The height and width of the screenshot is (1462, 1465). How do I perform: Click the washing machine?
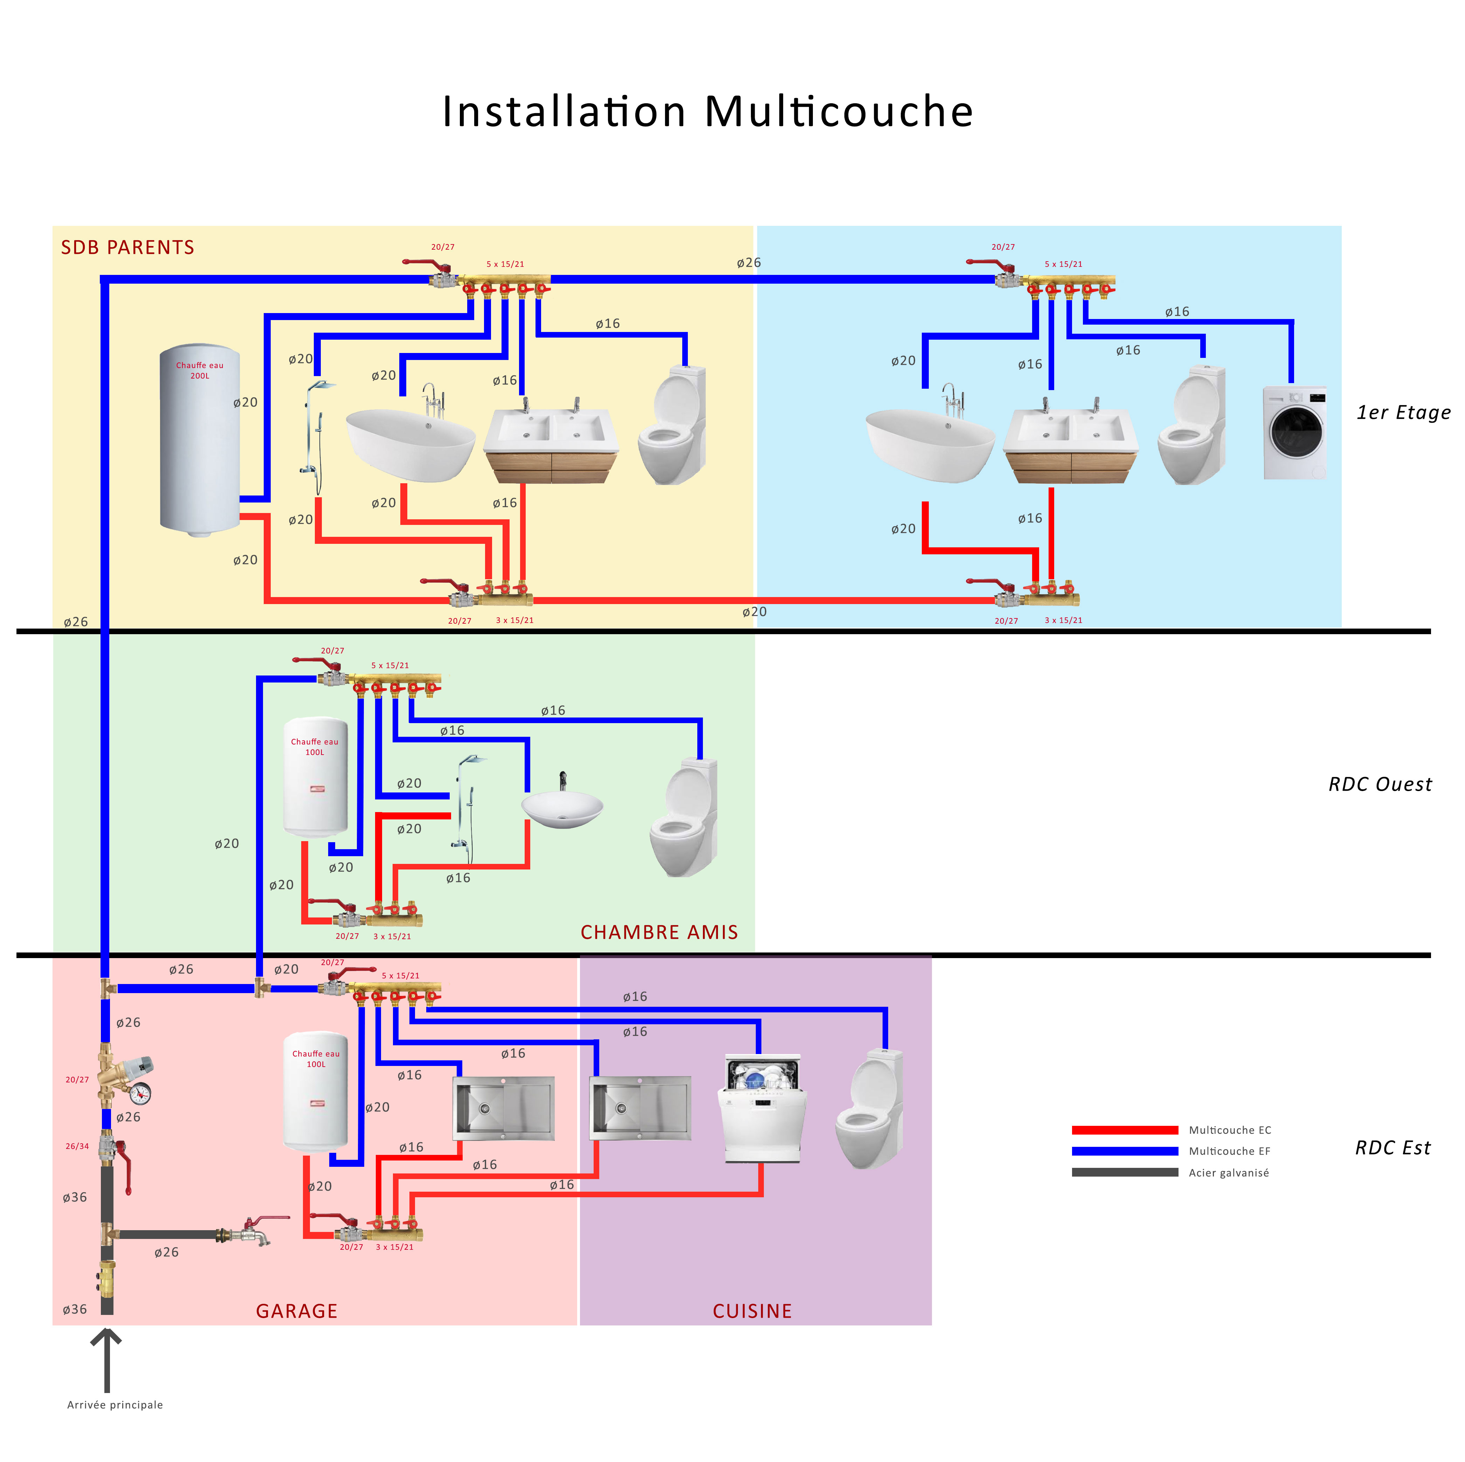pyautogui.click(x=1295, y=432)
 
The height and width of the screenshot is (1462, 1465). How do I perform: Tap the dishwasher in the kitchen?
pyautogui.click(x=761, y=1109)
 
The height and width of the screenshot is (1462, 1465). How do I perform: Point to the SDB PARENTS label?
pyautogui.click(x=127, y=248)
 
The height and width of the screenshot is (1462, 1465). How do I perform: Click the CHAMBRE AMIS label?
pyautogui.click(x=659, y=932)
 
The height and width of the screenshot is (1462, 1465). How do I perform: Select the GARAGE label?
pyautogui.click(x=297, y=1311)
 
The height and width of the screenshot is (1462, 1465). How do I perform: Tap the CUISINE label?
pyautogui.click(x=752, y=1311)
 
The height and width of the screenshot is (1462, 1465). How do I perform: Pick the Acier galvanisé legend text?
pyautogui.click(x=1228, y=1172)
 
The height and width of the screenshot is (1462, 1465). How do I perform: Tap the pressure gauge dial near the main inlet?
pyautogui.click(x=140, y=1094)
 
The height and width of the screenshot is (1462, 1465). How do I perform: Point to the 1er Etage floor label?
pyautogui.click(x=1403, y=413)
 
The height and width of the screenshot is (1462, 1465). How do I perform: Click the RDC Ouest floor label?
pyautogui.click(x=1380, y=784)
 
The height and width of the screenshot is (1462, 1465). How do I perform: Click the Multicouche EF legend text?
pyautogui.click(x=1229, y=1151)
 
